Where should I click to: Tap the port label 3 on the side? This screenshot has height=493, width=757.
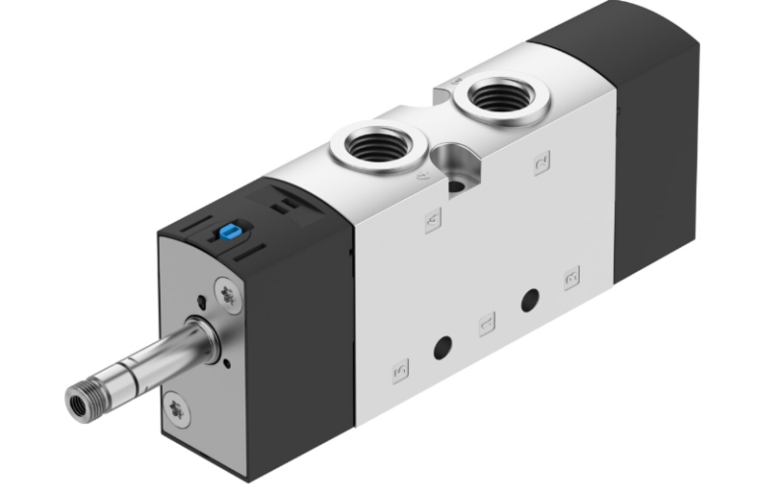point(571,277)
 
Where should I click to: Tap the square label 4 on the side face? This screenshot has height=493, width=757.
point(432,222)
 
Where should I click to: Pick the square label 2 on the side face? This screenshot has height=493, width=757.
point(541,165)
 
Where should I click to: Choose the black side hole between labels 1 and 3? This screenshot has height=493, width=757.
point(531,298)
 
